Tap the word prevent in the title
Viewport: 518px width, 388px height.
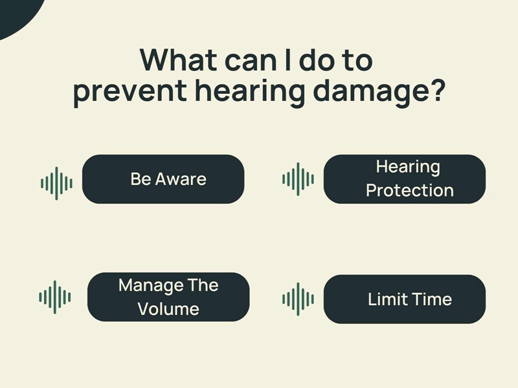(x=130, y=92)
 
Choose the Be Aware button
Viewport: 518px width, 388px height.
(x=163, y=179)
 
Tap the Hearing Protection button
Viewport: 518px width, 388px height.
(x=405, y=179)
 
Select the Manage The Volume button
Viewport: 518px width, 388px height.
(x=168, y=297)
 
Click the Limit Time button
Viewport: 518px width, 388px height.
(x=405, y=299)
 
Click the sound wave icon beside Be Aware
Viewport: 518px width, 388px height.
(x=56, y=184)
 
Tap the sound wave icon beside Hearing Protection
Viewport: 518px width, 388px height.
(x=298, y=179)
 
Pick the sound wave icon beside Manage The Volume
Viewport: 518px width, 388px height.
(x=55, y=297)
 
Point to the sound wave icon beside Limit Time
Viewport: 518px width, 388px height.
(x=298, y=299)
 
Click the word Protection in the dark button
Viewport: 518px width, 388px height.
(x=410, y=190)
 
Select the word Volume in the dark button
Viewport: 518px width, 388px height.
(x=168, y=309)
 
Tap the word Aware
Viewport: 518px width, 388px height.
(x=181, y=179)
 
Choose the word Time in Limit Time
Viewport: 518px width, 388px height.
(x=432, y=299)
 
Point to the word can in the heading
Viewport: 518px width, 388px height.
(x=251, y=61)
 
